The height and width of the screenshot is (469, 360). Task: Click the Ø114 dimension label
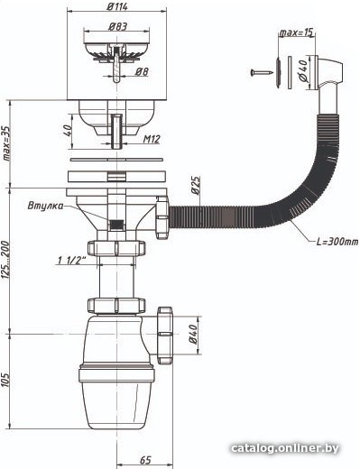click(117, 6)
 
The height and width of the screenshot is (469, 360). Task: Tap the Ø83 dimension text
click(117, 26)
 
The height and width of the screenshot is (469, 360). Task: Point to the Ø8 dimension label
click(142, 71)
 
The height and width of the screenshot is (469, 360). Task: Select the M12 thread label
click(152, 139)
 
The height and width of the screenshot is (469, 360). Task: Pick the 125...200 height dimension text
click(6, 259)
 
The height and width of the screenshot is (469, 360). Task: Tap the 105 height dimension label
click(6, 380)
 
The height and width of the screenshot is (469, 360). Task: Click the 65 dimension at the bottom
click(145, 460)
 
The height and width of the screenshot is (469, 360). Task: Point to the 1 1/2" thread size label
click(70, 261)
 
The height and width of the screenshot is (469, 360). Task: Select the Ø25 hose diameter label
click(196, 186)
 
